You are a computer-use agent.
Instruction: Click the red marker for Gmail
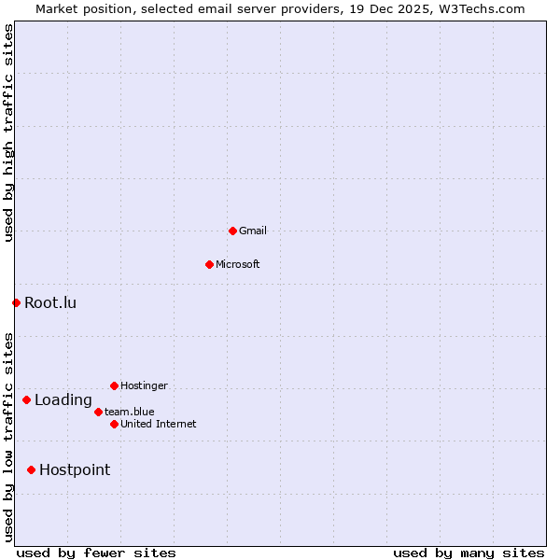pos(232,231)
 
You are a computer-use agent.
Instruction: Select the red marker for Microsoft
pos(209,264)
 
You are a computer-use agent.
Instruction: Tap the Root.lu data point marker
pos(16,302)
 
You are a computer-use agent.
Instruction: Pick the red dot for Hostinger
pos(114,385)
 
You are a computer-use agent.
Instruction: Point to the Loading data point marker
pos(26,400)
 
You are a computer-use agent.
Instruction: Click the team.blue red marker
pos(98,412)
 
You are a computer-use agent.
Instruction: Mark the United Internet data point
pos(114,424)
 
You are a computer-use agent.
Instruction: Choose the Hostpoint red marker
pos(31,469)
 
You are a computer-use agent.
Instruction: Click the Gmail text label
pos(253,231)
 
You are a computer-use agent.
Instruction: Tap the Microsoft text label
pos(237,264)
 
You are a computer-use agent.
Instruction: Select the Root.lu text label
pos(50,302)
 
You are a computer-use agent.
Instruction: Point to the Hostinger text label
pos(144,385)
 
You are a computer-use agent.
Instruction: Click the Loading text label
pos(63,400)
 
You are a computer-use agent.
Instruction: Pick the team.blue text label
pos(130,412)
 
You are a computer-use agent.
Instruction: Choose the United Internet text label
pos(158,424)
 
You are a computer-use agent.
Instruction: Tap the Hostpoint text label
pos(75,469)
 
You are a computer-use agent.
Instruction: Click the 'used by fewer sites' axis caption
pos(96,553)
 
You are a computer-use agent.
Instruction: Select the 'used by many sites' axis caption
pos(469,553)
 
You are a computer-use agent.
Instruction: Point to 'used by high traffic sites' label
pos(8,133)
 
